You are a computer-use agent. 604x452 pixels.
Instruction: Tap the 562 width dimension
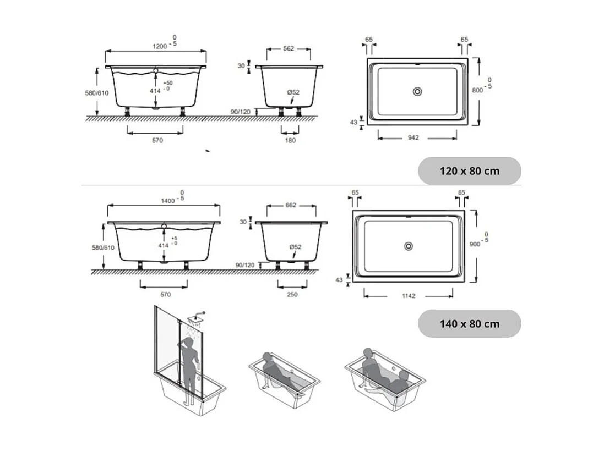[289, 48]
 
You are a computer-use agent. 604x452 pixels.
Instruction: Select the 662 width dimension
[291, 205]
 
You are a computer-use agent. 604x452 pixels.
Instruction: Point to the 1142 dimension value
[408, 296]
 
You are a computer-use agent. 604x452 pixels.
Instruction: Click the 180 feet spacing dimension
[290, 140]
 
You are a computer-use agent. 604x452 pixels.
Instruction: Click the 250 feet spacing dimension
[292, 295]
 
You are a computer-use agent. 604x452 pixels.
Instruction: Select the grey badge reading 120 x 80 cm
[469, 171]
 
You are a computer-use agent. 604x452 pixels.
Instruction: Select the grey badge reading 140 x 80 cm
[469, 324]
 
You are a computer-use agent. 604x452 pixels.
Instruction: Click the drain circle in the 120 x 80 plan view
[417, 91]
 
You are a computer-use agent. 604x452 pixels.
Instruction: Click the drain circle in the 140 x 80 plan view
[409, 246]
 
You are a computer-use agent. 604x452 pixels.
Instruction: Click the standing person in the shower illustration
[188, 366]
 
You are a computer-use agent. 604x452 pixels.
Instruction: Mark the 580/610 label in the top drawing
[96, 92]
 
